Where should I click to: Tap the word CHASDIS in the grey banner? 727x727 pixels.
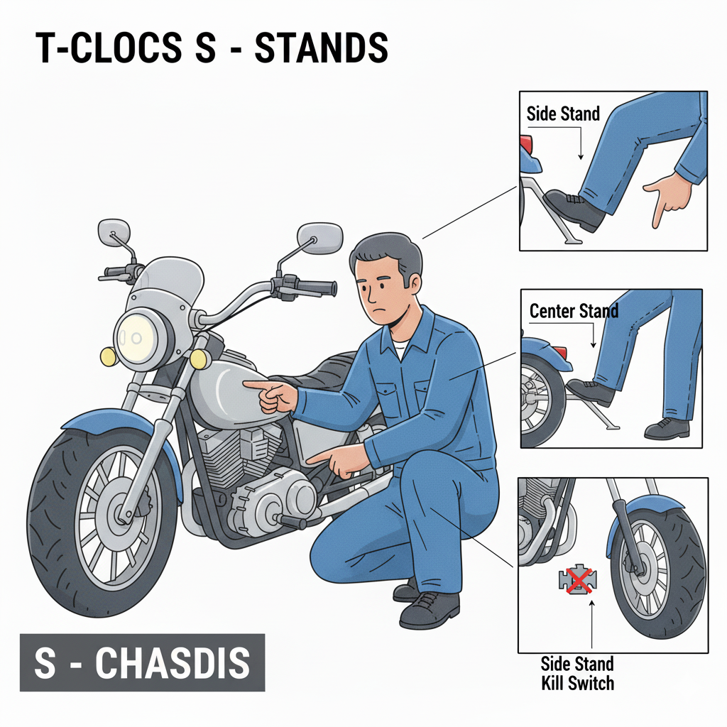[x=173, y=663]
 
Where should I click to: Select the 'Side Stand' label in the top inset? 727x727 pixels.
[x=563, y=114]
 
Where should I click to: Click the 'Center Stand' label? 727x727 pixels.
[x=574, y=311]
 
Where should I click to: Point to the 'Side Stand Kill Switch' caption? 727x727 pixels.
[x=576, y=673]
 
